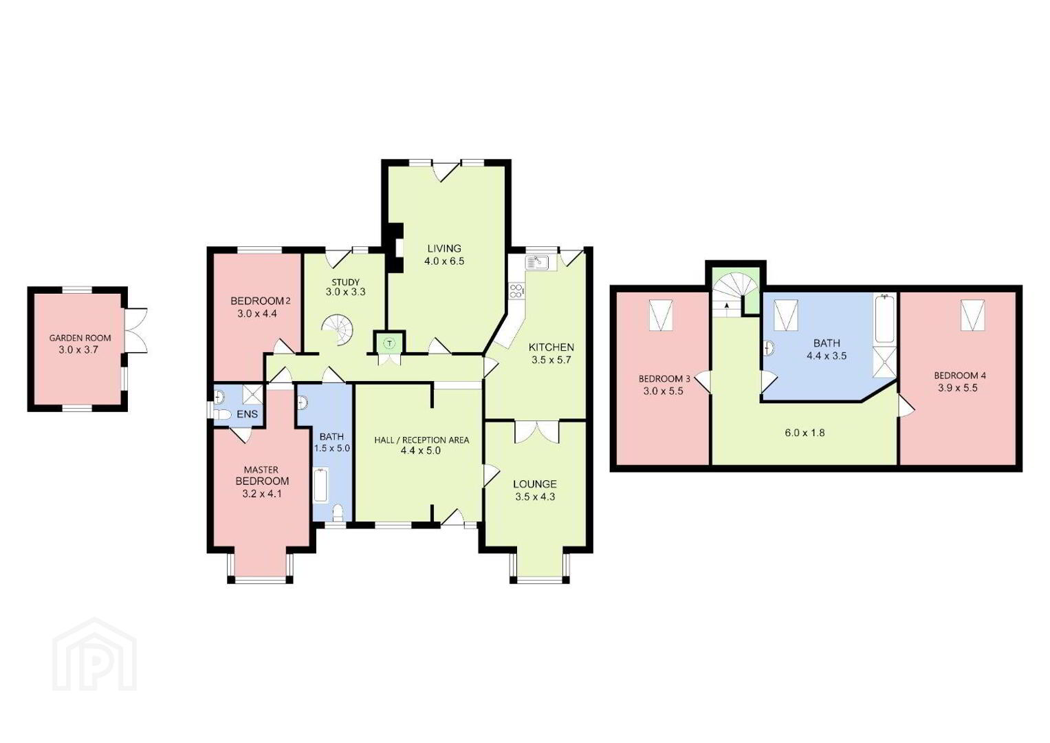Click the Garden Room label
[80, 338]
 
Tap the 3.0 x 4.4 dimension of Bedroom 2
[257, 314]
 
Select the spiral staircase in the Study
[338, 330]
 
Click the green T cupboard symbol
[389, 343]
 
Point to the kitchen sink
[537, 263]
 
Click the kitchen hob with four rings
[516, 290]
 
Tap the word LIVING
[444, 248]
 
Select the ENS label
[247, 414]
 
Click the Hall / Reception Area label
[422, 440]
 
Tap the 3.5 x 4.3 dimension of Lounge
[535, 496]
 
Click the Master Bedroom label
[261, 475]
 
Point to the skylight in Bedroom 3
[661, 315]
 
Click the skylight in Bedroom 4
[973, 315]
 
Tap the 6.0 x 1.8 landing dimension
[805, 433]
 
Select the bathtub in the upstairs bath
[886, 319]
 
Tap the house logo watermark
[94, 654]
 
